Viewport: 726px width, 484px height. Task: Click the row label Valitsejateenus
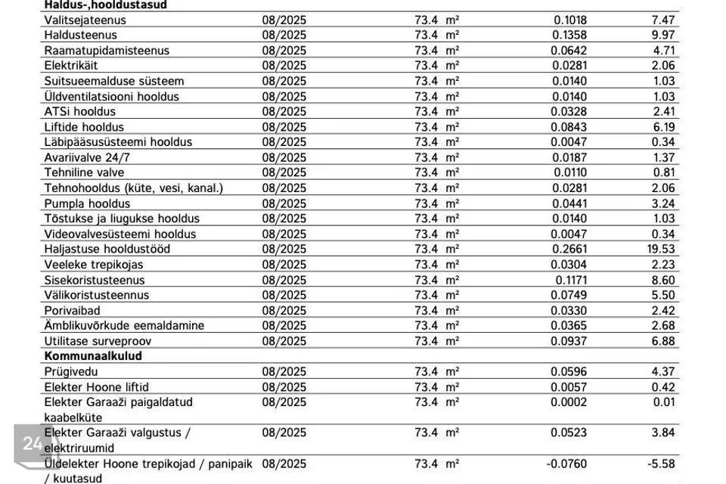(85, 20)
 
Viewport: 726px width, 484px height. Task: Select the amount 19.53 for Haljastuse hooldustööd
(661, 249)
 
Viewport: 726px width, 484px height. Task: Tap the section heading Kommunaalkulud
(93, 355)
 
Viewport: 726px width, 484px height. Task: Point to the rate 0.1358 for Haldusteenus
(569, 35)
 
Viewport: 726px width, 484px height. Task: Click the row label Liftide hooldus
(84, 126)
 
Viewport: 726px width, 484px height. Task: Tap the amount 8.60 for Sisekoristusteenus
(662, 280)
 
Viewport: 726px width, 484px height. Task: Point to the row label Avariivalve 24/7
(88, 157)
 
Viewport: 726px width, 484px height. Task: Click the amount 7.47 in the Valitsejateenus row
(662, 20)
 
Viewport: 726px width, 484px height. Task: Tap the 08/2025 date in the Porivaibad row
(284, 310)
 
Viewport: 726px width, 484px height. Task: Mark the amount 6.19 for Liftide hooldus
(662, 126)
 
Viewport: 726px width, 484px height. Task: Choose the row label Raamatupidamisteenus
(107, 51)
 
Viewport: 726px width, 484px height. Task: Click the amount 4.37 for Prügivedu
(662, 371)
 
